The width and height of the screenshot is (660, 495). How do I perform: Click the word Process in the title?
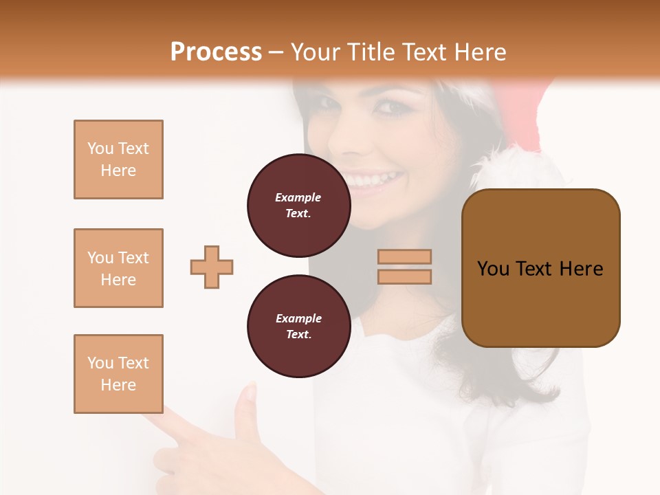click(216, 52)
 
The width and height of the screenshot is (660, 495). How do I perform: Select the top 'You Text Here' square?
click(118, 159)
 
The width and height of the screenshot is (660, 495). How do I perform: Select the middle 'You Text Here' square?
click(118, 268)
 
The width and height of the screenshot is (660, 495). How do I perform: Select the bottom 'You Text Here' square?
click(118, 374)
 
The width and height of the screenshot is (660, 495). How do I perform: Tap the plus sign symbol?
click(212, 267)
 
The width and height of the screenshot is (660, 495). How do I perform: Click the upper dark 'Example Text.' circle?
click(298, 206)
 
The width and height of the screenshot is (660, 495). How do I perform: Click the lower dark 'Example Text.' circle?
click(298, 327)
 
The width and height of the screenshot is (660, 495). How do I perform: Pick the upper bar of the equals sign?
click(404, 257)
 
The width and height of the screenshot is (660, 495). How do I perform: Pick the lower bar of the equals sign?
click(404, 276)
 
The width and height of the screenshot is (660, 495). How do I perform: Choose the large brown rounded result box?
click(540, 268)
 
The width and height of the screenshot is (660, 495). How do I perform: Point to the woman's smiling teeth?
click(375, 181)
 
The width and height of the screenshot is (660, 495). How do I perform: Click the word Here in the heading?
click(480, 52)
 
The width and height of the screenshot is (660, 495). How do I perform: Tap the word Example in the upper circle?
click(298, 197)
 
